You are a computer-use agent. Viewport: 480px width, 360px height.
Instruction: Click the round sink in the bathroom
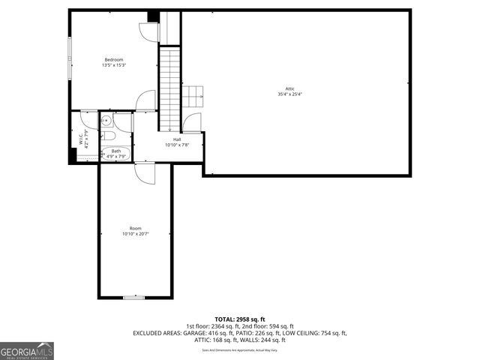(107, 120)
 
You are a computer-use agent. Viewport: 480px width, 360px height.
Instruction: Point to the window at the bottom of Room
(134, 298)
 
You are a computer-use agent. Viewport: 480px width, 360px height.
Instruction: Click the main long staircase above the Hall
(170, 86)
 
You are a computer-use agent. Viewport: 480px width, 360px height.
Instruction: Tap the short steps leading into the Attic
(195, 96)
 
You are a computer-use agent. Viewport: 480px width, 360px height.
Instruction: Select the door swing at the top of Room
(143, 172)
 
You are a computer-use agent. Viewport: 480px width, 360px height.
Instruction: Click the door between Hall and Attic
(193, 124)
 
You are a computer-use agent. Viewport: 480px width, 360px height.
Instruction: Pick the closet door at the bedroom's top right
(147, 31)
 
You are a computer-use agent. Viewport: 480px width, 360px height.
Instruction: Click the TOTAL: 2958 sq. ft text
(240, 319)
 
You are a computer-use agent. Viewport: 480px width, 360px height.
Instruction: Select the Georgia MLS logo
(27, 350)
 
